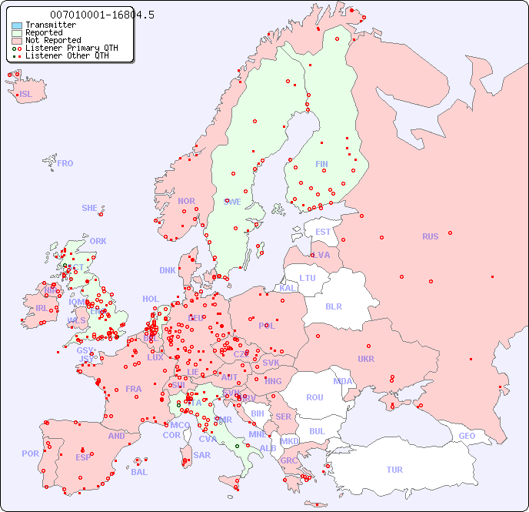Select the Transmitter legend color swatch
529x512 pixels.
tap(17, 25)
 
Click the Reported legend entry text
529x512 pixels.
tap(44, 33)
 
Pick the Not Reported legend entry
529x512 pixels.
tap(52, 41)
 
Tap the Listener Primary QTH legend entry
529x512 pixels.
tap(72, 49)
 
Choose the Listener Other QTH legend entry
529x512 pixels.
tap(69, 56)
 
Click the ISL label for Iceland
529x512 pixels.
tap(26, 95)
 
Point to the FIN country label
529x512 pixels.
tap(321, 164)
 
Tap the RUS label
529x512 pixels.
tap(430, 236)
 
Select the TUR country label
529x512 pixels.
tap(394, 470)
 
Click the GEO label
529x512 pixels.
tap(467, 436)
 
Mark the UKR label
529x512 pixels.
tap(366, 359)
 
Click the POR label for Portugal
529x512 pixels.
tap(30, 453)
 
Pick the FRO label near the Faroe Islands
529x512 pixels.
tap(65, 163)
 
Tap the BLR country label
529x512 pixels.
tap(333, 306)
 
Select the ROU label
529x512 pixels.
tap(314, 397)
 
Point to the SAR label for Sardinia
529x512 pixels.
tap(201, 455)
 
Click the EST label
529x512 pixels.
tap(323, 232)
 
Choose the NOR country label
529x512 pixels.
tap(186, 201)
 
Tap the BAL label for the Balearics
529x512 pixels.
tap(138, 472)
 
